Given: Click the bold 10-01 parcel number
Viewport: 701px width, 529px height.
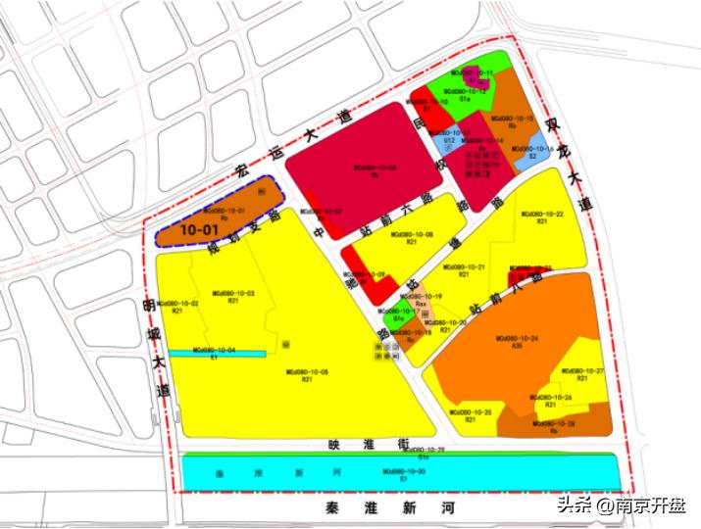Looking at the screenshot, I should (198, 228).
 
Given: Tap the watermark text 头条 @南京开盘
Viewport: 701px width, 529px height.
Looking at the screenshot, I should (623, 505).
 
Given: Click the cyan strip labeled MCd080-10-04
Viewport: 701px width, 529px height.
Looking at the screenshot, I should (216, 352).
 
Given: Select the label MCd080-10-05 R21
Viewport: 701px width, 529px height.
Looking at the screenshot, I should (307, 375).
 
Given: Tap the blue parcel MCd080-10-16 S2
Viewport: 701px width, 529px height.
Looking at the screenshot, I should (532, 154).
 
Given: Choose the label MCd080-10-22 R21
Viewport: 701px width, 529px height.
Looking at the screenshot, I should (541, 216).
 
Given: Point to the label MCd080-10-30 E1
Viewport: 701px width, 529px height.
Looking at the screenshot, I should (404, 475).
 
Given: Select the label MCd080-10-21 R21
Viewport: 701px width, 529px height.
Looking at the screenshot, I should (462, 270).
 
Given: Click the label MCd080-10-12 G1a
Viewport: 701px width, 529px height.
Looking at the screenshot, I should (464, 95).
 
